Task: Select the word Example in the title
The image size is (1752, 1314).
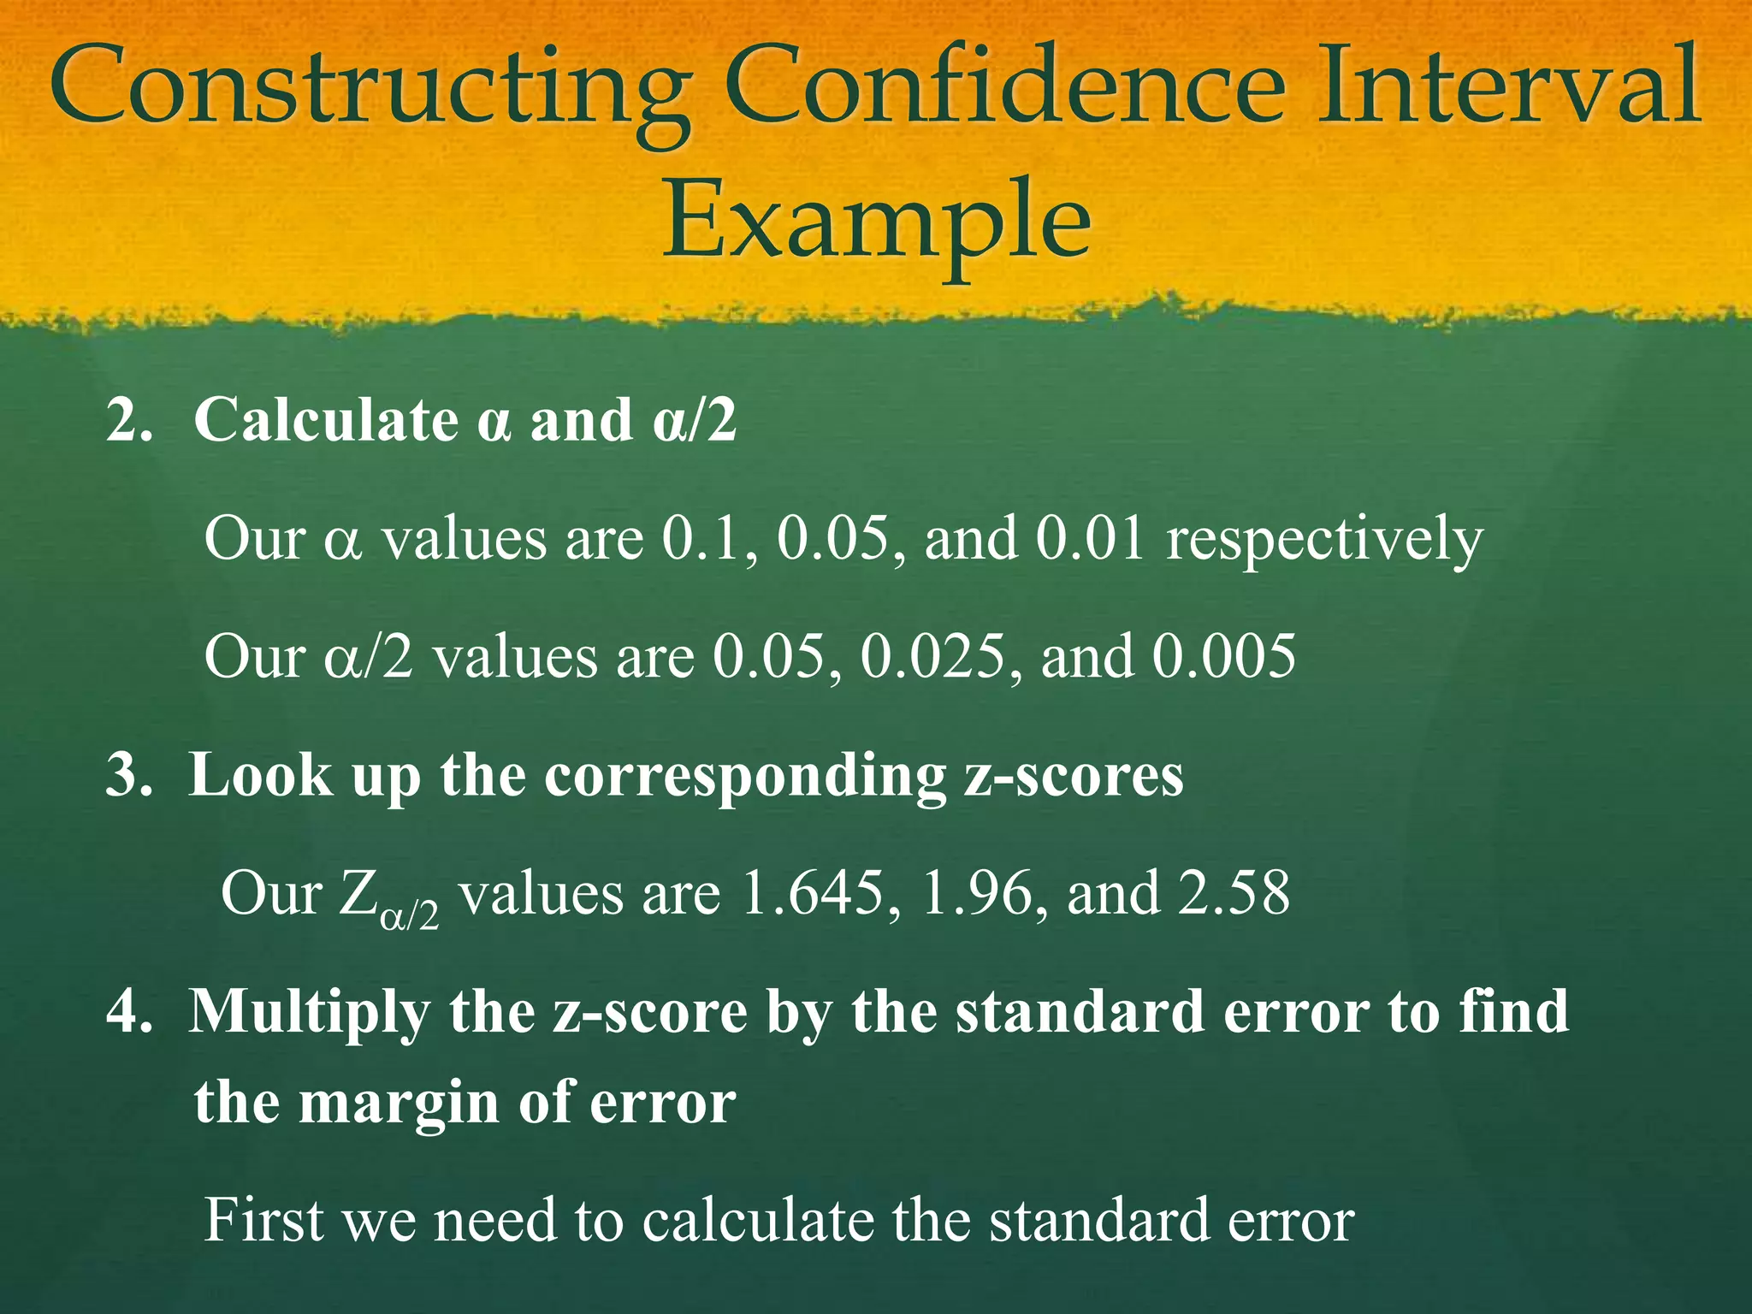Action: tap(876, 221)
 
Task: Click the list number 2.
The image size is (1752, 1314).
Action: tap(128, 419)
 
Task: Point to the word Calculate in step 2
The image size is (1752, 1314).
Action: tap(326, 419)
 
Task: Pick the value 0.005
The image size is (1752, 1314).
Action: tap(1223, 657)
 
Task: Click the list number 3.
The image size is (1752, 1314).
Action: tap(128, 775)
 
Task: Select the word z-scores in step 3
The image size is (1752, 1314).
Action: tap(1074, 775)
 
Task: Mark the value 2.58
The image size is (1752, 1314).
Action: tap(1233, 893)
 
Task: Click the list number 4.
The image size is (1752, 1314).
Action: tap(128, 1012)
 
